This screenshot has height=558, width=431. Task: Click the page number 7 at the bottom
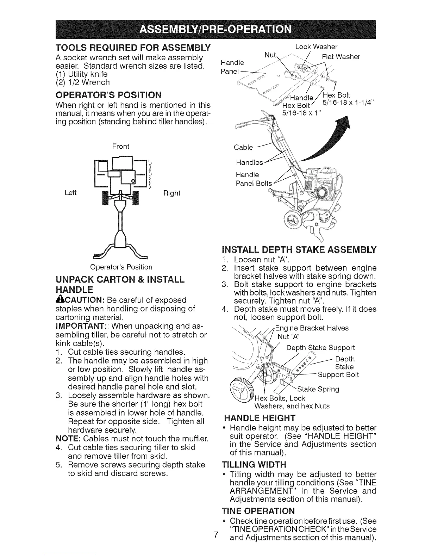click(216, 534)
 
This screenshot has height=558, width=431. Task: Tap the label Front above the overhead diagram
click(121, 146)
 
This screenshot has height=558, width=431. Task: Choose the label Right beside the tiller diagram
click(172, 193)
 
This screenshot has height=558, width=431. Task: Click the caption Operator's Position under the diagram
click(121, 267)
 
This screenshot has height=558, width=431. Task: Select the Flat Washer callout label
click(341, 57)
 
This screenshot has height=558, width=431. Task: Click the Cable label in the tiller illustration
click(243, 147)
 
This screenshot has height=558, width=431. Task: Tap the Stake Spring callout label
click(318, 389)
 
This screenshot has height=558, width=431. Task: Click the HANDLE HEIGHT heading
click(260, 418)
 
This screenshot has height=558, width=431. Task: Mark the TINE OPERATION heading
click(258, 511)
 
